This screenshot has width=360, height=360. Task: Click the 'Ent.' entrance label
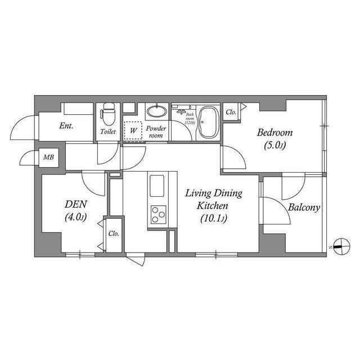66,126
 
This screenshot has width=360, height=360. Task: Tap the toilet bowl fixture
107,115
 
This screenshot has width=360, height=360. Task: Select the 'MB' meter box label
48,157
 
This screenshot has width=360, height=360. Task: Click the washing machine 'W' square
133,130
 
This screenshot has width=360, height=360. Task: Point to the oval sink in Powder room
156,112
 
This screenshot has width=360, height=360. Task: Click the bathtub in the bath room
209,122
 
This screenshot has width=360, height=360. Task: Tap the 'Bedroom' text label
275,133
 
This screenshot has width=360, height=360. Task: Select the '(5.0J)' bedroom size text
275,146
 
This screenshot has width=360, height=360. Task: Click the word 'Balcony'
304,208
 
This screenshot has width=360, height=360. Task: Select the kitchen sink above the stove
157,184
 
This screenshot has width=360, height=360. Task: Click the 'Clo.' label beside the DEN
113,234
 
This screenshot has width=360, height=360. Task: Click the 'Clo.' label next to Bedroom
231,112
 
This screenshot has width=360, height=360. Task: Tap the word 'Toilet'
107,132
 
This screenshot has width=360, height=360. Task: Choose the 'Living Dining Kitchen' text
214,199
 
